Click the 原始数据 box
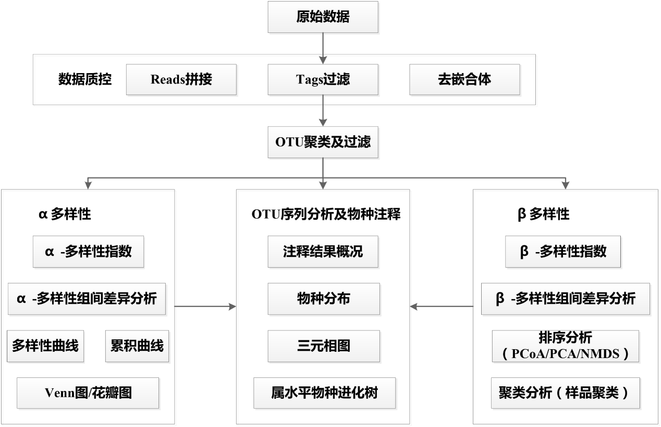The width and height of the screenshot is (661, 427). click(x=323, y=17)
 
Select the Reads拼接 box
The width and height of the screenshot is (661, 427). click(x=181, y=79)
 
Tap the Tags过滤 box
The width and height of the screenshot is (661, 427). click(x=323, y=79)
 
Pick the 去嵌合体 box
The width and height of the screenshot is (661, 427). click(x=464, y=79)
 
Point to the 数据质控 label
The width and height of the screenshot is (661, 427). click(x=85, y=79)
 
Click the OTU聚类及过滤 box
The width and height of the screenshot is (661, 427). click(x=323, y=141)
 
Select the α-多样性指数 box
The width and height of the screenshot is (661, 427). click(x=88, y=252)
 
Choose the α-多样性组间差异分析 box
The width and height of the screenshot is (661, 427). click(x=87, y=299)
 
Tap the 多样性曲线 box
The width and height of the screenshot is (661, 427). click(x=46, y=346)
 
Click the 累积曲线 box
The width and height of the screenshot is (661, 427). click(x=137, y=346)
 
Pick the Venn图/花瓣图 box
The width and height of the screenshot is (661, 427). click(x=88, y=393)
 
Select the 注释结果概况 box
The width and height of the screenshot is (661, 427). click(x=323, y=252)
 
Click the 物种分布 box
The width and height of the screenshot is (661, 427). click(x=323, y=299)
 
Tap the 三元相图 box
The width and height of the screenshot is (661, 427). click(x=323, y=346)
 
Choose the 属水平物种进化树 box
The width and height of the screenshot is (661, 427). click(x=324, y=393)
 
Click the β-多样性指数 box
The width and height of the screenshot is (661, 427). click(x=564, y=252)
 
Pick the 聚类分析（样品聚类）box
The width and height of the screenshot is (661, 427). click(x=565, y=393)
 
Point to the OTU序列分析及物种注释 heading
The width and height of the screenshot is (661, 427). click(x=326, y=214)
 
